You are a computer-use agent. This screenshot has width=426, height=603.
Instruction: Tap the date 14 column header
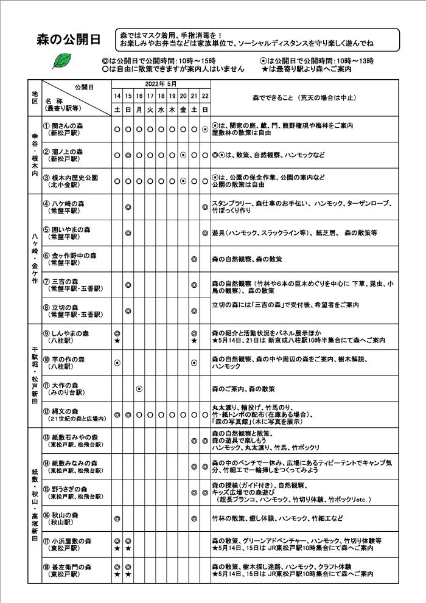click(x=117, y=96)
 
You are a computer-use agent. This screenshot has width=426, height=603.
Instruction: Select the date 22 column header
click(x=205, y=96)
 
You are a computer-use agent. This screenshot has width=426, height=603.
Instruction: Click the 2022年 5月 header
click(x=161, y=83)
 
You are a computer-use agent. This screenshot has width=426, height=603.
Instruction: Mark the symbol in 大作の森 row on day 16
click(x=139, y=388)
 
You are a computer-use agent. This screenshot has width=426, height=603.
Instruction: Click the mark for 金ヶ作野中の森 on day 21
click(x=194, y=259)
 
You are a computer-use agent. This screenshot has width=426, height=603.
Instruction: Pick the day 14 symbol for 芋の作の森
click(x=117, y=363)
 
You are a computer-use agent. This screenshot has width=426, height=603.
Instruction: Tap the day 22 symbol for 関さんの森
click(x=205, y=129)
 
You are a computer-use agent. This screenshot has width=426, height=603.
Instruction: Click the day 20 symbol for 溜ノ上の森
click(x=183, y=155)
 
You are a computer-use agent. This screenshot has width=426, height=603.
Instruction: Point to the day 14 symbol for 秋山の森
click(x=117, y=518)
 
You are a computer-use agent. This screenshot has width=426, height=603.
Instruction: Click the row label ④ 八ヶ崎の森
click(x=69, y=204)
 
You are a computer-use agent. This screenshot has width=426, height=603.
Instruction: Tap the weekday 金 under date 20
click(x=183, y=110)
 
